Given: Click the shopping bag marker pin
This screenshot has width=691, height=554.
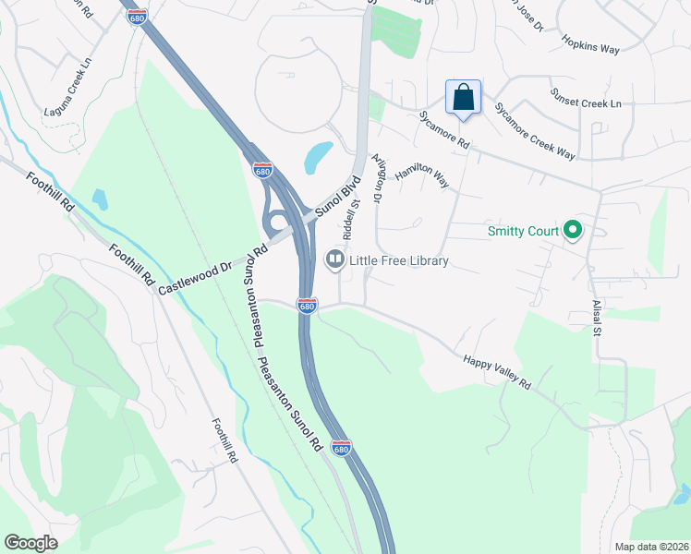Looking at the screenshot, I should tap(464, 97).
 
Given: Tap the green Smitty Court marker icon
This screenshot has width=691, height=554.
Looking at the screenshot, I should tap(573, 230).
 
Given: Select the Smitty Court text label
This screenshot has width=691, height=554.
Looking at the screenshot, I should tap(524, 231).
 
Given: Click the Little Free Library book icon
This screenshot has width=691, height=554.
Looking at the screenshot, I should tap(334, 260).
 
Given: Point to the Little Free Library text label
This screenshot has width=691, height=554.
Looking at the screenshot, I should tap(399, 261).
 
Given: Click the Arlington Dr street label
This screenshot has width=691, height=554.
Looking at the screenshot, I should tap(377, 178).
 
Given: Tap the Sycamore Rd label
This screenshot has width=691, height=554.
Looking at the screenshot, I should tap(444, 132).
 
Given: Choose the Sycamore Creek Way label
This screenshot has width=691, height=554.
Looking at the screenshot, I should tap(534, 131).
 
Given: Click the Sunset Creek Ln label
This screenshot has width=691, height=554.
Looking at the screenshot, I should tap(586, 99).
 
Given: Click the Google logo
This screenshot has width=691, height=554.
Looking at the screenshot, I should tap(31, 543).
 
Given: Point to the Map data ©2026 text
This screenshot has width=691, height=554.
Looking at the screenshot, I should tap(650, 547).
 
